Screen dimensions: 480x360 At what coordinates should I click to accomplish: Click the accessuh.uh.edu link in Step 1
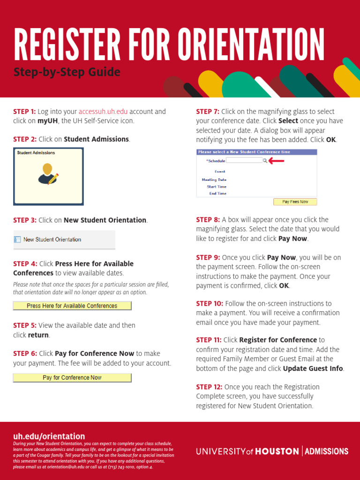click(103, 112)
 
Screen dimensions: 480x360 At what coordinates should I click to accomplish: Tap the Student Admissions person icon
click(48, 174)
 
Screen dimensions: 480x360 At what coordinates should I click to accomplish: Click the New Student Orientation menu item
click(52, 240)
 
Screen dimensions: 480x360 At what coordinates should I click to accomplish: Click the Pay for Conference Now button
click(72, 378)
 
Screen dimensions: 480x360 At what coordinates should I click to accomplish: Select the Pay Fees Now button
click(295, 202)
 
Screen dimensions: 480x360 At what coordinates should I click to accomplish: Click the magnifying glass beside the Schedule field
click(265, 160)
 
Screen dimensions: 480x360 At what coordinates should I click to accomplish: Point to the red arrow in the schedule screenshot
click(277, 161)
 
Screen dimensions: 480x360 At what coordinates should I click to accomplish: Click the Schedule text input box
click(244, 160)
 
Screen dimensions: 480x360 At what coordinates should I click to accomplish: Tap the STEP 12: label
click(209, 387)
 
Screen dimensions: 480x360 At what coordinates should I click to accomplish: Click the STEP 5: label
click(25, 325)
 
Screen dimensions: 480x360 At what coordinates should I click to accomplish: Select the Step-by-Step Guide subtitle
click(67, 73)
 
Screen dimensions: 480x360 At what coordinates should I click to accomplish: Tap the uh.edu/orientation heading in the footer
click(49, 436)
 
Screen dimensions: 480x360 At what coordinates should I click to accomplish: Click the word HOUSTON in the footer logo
click(277, 451)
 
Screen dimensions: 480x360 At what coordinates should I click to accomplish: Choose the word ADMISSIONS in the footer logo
click(327, 451)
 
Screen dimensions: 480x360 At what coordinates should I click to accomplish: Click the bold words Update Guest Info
click(313, 368)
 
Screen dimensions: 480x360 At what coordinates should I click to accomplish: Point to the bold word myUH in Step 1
click(47, 121)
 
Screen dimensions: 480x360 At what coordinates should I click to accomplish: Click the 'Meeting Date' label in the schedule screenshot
click(214, 180)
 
